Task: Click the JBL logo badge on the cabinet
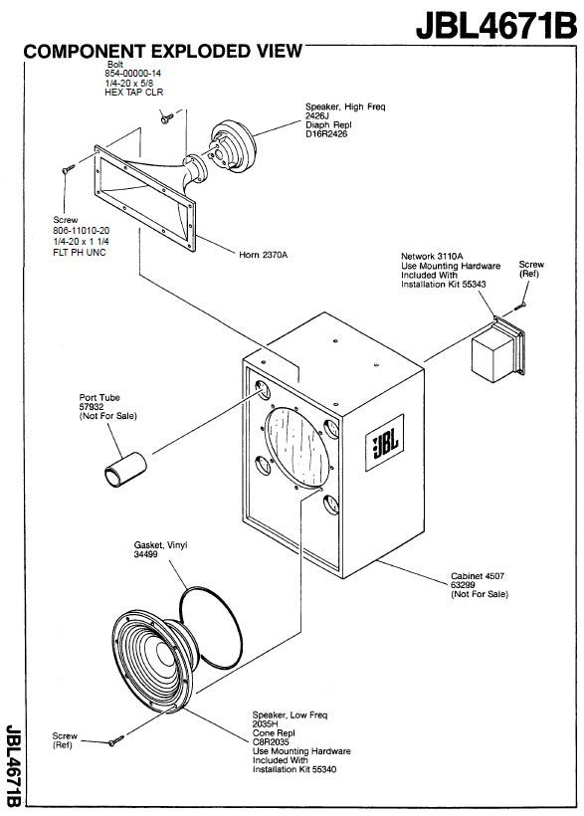[385, 443]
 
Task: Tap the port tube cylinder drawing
[125, 470]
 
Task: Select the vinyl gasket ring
[210, 628]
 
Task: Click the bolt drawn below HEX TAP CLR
[167, 118]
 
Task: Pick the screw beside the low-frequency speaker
[116, 740]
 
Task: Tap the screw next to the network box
[520, 306]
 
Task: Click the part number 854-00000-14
[132, 74]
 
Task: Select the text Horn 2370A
[263, 255]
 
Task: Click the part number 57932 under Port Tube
[92, 407]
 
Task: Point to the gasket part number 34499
[145, 554]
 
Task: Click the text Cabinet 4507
[478, 576]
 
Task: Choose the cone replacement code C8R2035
[271, 742]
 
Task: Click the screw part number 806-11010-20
[82, 231]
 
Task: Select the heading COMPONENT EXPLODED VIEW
[162, 51]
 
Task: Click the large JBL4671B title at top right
[496, 25]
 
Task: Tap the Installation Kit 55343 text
[444, 285]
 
